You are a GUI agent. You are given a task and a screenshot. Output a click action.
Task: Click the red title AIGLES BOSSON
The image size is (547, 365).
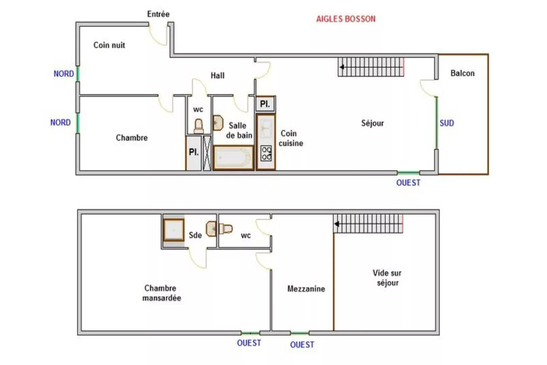346,19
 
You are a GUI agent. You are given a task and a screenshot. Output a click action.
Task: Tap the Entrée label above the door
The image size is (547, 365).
158,14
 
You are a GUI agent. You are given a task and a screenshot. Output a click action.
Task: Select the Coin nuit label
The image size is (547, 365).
109,45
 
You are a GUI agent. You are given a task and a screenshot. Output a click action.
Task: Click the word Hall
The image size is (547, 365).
218,75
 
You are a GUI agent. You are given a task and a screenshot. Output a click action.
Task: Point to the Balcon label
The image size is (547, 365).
463,73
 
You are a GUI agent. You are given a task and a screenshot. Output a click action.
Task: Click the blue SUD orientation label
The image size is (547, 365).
447,123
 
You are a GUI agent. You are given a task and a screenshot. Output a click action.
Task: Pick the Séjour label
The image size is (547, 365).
372,123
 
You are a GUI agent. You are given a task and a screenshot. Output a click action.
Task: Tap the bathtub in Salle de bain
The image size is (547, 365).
233,158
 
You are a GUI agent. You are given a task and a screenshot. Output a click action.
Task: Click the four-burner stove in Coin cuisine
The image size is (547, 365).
266,153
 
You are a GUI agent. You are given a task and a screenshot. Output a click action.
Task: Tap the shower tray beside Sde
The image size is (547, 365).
174,230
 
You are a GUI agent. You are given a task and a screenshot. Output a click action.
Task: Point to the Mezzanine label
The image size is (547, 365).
306,289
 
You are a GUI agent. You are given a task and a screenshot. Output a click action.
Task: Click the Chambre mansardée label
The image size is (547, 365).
161,293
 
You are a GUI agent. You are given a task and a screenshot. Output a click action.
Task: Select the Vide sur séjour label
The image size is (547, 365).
387,278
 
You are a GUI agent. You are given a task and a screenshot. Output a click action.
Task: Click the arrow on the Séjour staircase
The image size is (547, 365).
371,67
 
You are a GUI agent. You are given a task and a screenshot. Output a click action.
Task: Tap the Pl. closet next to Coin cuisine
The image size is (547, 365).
265,104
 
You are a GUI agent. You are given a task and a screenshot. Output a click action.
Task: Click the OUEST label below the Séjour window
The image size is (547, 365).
408,182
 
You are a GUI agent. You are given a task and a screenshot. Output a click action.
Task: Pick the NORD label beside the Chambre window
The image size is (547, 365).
60,122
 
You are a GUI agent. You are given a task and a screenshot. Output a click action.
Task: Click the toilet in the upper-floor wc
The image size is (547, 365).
199,126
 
